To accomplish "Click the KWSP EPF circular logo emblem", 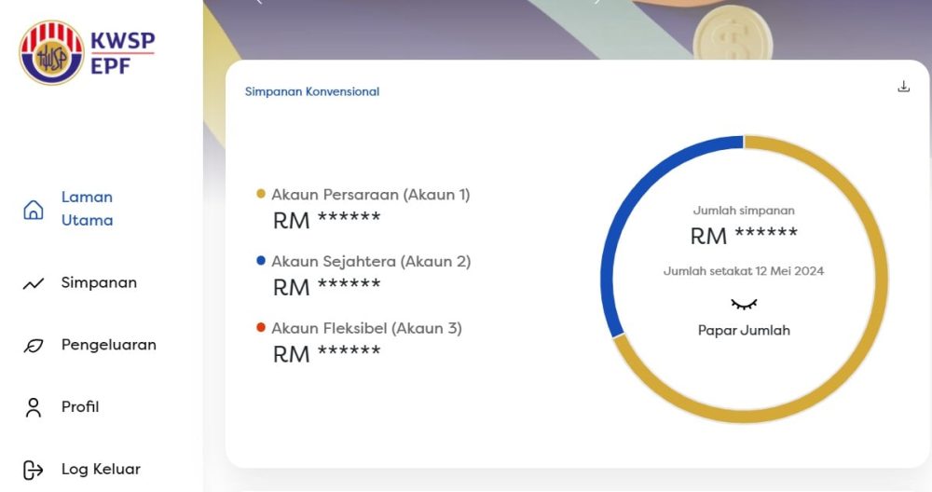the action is (51, 53).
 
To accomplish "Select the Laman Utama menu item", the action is (87, 209).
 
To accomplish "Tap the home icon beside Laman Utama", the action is (34, 210).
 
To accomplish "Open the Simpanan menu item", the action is (99, 283).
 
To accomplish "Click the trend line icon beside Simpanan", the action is (34, 284).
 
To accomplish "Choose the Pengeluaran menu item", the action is (109, 345).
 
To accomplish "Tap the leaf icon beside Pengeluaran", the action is (34, 346).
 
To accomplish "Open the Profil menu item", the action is (80, 407).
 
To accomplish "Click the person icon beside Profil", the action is (34, 407).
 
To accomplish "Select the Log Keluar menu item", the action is (101, 470).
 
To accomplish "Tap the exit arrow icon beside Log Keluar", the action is (34, 470).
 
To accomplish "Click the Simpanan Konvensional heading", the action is (312, 91).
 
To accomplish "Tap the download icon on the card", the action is (903, 87).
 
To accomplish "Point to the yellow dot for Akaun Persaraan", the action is (260, 194).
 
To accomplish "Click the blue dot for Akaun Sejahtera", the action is (260, 260).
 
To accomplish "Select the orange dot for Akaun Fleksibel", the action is (260, 327).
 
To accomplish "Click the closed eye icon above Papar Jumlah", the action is (744, 305).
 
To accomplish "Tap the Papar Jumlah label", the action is (744, 331).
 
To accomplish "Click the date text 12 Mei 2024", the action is (789, 271).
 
